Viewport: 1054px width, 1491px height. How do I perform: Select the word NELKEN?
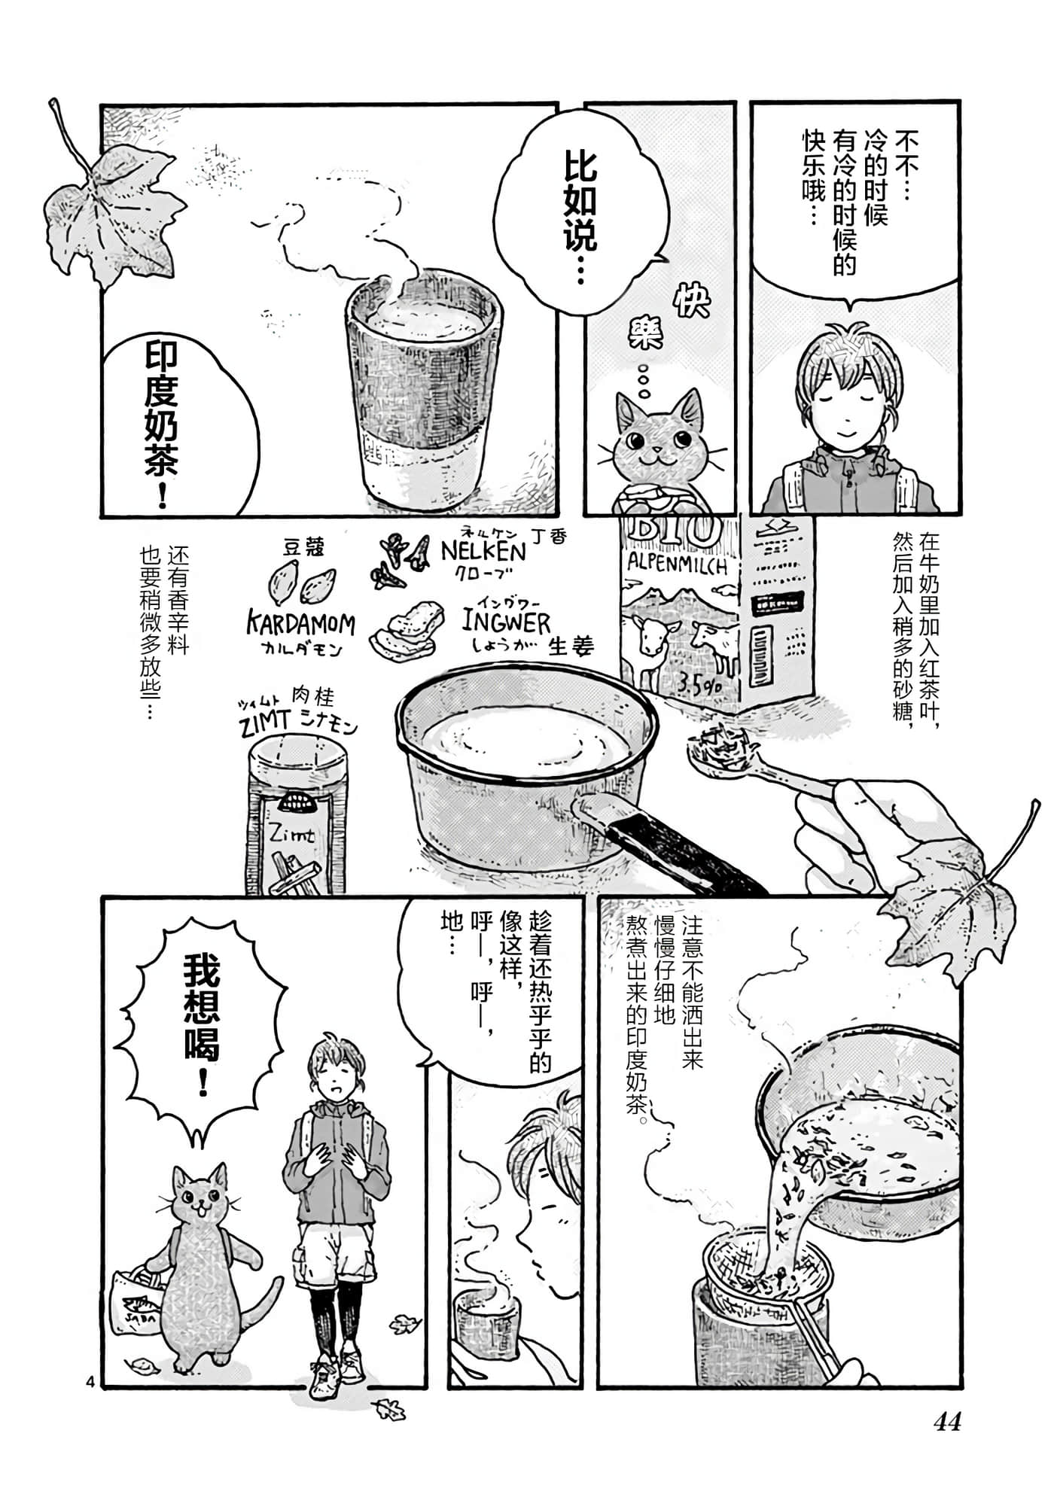point(483,551)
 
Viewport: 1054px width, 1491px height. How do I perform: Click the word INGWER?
point(506,622)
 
